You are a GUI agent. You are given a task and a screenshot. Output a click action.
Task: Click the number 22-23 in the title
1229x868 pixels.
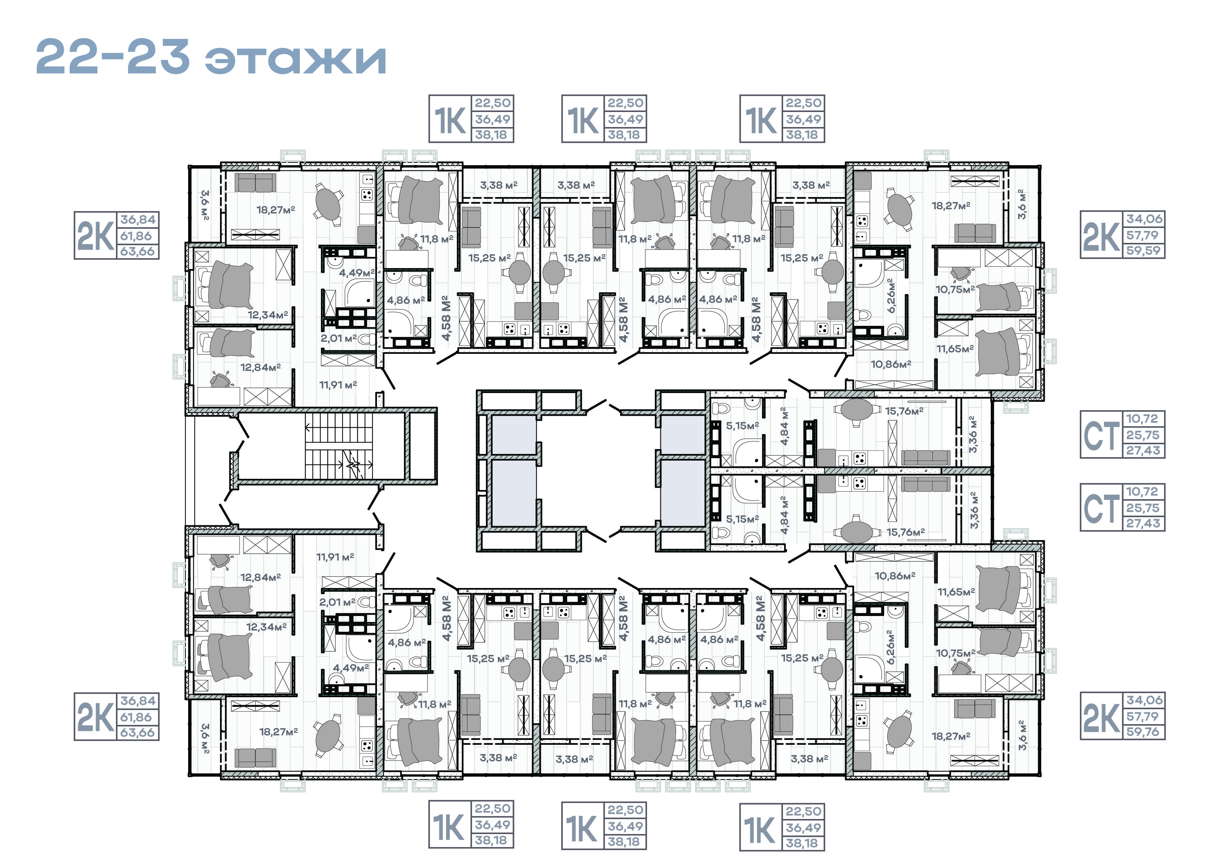(x=113, y=57)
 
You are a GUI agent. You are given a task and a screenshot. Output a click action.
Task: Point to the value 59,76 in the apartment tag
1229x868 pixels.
(x=1144, y=731)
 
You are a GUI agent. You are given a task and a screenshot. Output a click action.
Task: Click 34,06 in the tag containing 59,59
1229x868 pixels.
(x=1144, y=219)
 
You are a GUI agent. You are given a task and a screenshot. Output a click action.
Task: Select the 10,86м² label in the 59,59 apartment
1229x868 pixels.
(x=891, y=364)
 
